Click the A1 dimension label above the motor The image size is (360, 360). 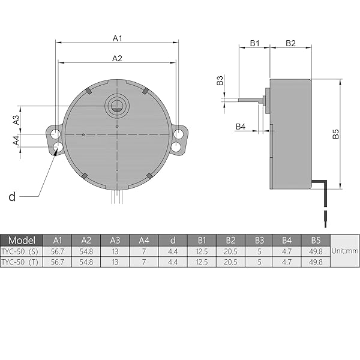point(118,38)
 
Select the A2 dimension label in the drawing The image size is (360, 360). point(118,58)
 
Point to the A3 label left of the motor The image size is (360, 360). point(17,119)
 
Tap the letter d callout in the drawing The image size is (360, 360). point(12,196)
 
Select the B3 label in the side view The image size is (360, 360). point(220,80)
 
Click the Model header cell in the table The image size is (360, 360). point(22,240)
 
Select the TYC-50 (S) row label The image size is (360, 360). point(22,251)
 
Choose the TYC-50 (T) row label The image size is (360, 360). point(22,262)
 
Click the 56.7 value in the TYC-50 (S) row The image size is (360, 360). point(58,251)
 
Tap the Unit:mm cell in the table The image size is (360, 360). point(344,251)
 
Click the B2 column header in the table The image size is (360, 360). point(230,240)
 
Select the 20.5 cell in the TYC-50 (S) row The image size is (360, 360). point(230,251)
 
